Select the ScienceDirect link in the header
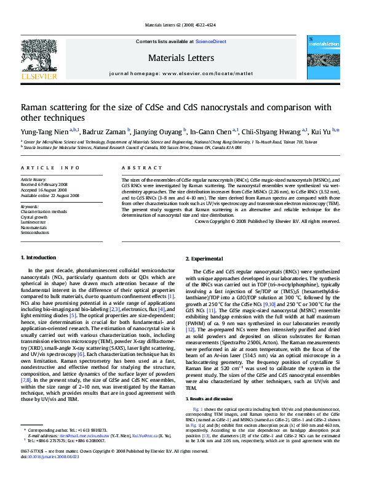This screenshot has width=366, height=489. [x=211, y=41]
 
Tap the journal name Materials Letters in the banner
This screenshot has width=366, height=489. [x=181, y=58]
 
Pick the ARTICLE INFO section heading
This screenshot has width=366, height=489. [x=50, y=168]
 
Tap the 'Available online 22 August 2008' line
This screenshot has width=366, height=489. [x=50, y=195]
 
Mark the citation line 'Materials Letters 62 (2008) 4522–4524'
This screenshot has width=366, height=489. [x=182, y=25]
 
